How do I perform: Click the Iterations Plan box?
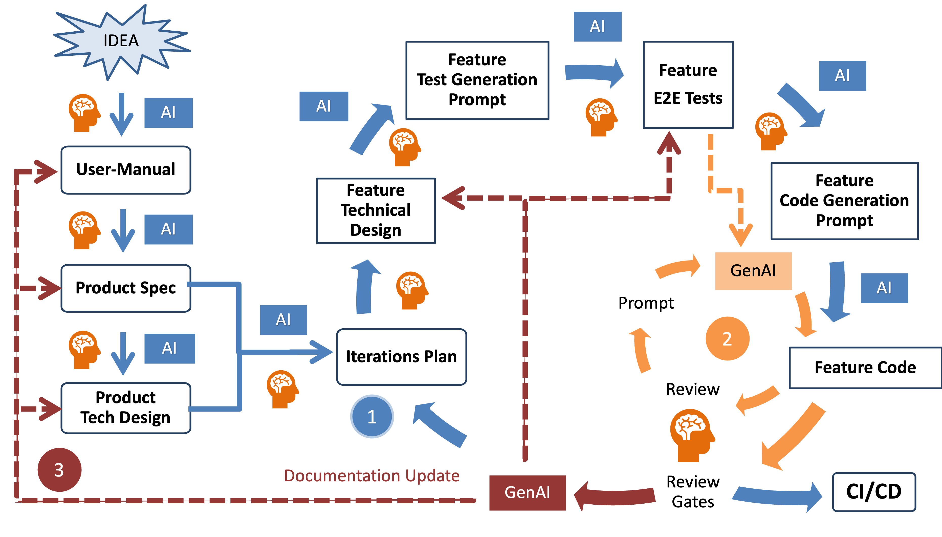[402, 357]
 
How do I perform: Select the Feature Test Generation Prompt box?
[477, 80]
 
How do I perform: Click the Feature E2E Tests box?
[688, 84]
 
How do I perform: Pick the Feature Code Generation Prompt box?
[844, 201]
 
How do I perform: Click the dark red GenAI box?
[527, 493]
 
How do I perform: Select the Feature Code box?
[865, 368]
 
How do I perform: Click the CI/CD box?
[874, 492]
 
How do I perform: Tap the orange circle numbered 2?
[727, 339]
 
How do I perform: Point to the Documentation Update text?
[372, 476]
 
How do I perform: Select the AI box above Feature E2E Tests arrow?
[597, 27]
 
